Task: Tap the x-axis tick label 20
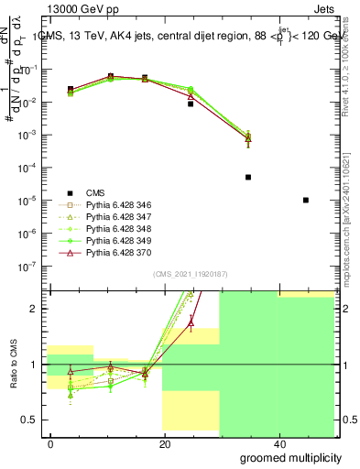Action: (164, 444)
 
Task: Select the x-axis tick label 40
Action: (278, 444)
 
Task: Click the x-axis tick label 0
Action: (51, 444)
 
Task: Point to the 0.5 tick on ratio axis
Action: (35, 420)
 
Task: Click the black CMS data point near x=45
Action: (305, 200)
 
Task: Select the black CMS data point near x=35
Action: (248, 177)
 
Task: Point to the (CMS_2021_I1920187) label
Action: (190, 274)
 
